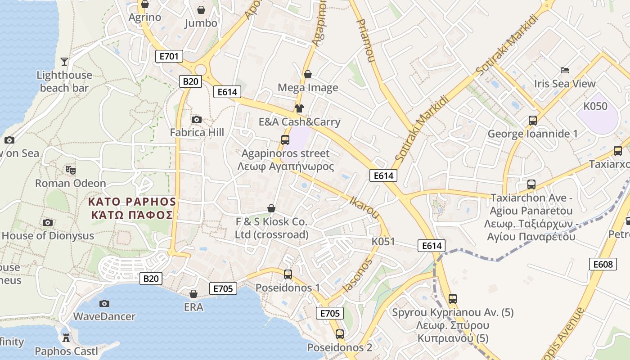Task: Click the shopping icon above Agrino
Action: [x=145, y=4]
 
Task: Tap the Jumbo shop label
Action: [x=201, y=23]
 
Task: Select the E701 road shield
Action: [x=169, y=56]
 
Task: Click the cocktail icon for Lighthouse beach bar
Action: [x=64, y=61]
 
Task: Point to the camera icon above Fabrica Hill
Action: [x=197, y=119]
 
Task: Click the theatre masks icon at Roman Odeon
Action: [x=70, y=170]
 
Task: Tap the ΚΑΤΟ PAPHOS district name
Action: [x=132, y=201]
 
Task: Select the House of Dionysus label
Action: [x=48, y=235]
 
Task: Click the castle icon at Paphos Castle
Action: [x=66, y=338]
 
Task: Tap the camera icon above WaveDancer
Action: [x=104, y=303]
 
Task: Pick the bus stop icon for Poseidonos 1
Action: [x=288, y=274]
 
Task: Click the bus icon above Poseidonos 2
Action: [x=340, y=334]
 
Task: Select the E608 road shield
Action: [x=603, y=264]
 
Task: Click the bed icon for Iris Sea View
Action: [x=565, y=70]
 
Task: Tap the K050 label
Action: [x=595, y=107]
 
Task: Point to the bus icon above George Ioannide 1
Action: [x=533, y=121]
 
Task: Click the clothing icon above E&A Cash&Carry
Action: [x=299, y=108]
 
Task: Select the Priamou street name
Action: [x=366, y=40]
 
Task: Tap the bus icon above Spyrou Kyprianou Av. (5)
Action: [x=453, y=299]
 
